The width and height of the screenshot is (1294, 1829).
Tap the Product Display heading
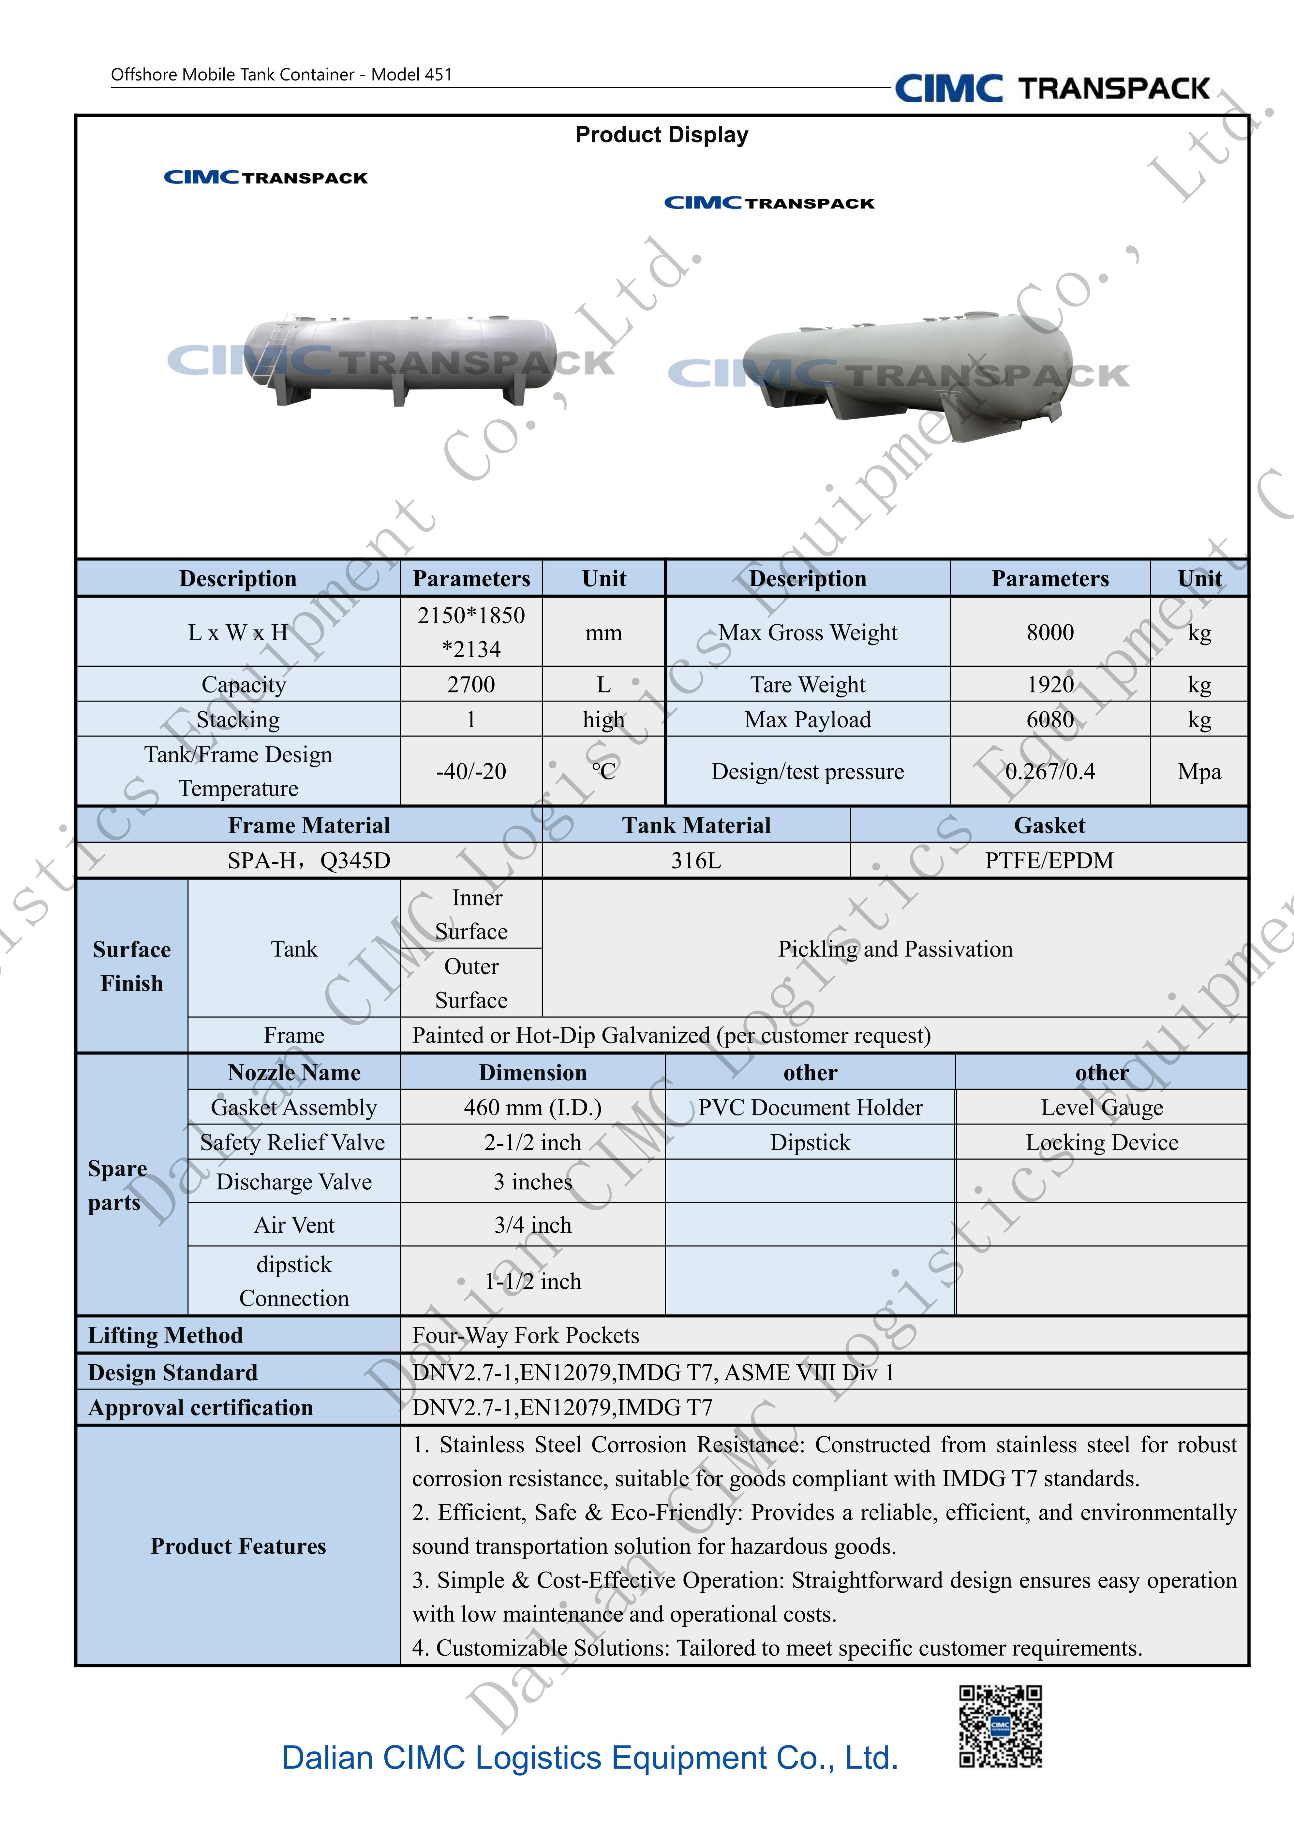[x=661, y=135]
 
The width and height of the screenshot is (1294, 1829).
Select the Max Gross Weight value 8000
[x=1049, y=632]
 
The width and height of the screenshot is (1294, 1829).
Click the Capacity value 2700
[x=471, y=684]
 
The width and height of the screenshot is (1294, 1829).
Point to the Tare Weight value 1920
[x=1049, y=684]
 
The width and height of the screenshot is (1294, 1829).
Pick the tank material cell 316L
[x=696, y=860]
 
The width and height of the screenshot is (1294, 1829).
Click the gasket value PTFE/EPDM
[x=1049, y=860]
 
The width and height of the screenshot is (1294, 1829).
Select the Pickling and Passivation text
[x=895, y=949]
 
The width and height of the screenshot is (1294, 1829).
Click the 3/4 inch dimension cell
[x=532, y=1224]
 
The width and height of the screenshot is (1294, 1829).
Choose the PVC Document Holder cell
[x=810, y=1107]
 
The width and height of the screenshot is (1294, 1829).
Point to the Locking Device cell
[x=1101, y=1142]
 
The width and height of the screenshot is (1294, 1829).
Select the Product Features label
[x=238, y=1546]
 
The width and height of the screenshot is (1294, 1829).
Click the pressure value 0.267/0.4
[x=1049, y=771]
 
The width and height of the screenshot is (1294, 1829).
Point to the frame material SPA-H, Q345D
[x=309, y=860]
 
